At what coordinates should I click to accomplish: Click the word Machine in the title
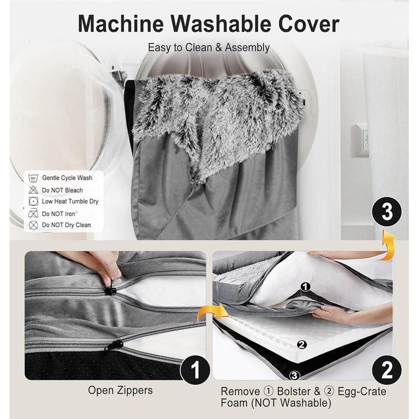coord(121,24)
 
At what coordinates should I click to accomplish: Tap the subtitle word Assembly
coord(247,48)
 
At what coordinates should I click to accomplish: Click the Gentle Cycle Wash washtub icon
coord(33,177)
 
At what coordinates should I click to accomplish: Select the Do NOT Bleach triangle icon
coord(33,190)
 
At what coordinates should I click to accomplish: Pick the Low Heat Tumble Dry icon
coord(34,201)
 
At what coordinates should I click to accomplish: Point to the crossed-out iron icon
coord(33,213)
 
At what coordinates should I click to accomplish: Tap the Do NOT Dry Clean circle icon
coord(34,225)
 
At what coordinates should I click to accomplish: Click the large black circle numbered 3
coord(387,212)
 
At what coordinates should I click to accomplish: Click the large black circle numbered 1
coord(195,370)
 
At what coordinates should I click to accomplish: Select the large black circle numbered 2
coord(387,370)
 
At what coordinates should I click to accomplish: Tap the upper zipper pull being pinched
coord(110,289)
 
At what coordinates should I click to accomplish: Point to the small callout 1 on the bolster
coord(305,287)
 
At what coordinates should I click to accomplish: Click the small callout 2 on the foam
coord(302,345)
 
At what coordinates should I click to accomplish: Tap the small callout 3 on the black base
coord(294,376)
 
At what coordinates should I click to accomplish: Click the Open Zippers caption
coord(120,390)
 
